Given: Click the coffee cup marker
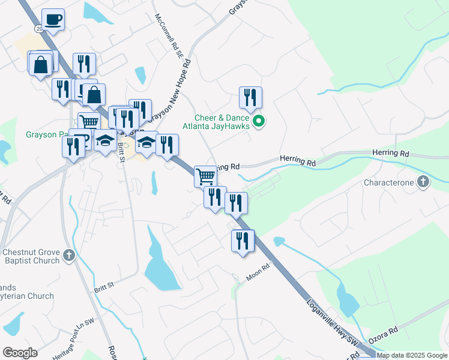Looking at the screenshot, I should pos(53,20).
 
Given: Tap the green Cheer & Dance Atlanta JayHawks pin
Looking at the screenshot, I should pos(259,122).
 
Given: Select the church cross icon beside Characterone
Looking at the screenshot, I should pos(424,181).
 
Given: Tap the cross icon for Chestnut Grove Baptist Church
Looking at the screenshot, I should pos(68,256).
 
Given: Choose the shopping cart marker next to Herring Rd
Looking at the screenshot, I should pos(205,176).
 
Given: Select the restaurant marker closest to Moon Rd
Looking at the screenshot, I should pos(243,241).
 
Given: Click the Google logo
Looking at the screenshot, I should pos(20,353).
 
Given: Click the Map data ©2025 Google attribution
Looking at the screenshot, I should pos(412,355).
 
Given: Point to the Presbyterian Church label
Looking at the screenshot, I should pos(27,296).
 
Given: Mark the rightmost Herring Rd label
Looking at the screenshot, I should pos(390,154).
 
